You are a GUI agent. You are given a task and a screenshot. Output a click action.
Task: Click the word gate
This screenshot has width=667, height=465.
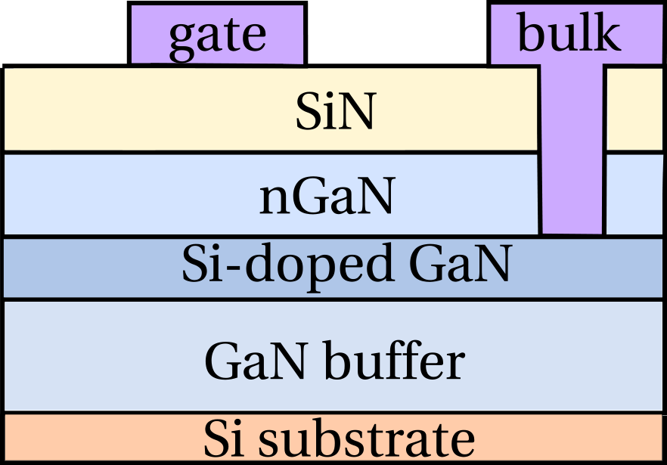(217, 36)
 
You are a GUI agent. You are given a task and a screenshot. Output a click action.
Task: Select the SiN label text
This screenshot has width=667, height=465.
(336, 115)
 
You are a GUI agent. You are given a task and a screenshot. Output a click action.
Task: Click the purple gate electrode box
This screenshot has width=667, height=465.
(144, 34)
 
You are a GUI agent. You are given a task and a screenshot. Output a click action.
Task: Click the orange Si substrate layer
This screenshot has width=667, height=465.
(91, 439)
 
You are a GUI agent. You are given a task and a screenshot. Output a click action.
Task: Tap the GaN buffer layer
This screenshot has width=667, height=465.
(91, 355)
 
